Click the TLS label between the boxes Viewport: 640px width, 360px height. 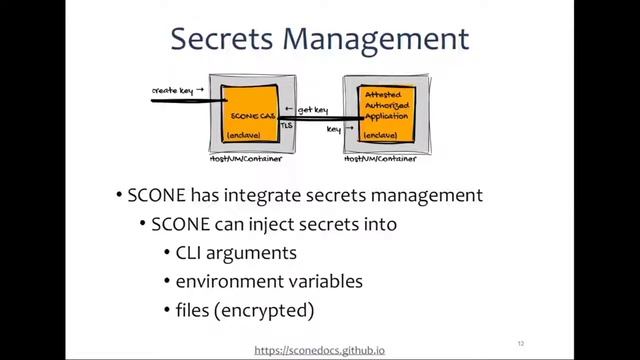(x=288, y=126)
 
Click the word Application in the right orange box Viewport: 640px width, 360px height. (x=386, y=116)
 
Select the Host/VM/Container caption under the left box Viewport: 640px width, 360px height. (x=246, y=159)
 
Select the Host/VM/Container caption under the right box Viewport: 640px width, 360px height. (x=383, y=159)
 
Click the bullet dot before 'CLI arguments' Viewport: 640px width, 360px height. (x=166, y=254)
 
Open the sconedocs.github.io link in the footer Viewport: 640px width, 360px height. (x=319, y=351)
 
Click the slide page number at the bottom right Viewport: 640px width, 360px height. (x=521, y=343)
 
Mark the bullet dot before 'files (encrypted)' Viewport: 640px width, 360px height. (x=166, y=311)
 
